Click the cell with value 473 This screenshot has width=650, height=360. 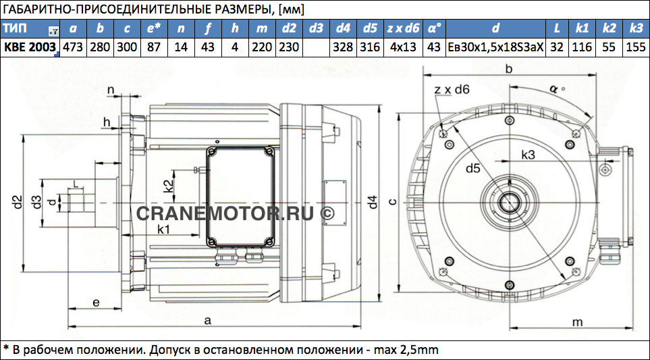click(x=74, y=47)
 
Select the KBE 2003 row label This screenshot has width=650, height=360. click(x=30, y=47)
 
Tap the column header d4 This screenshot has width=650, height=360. click(x=344, y=28)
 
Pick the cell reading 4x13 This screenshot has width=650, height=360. click(x=404, y=47)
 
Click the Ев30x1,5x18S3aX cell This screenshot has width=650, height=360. click(x=495, y=47)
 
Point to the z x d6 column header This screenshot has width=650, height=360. click(x=404, y=28)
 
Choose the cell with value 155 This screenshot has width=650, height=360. click(x=636, y=47)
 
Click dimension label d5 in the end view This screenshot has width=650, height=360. click(x=473, y=168)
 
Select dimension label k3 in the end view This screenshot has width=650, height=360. click(x=529, y=155)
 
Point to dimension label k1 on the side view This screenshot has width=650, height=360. click(x=164, y=229)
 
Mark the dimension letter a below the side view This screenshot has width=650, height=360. click(x=208, y=319)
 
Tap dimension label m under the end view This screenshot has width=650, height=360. click(x=578, y=322)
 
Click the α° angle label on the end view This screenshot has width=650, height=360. click(x=557, y=88)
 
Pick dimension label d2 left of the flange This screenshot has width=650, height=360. click(x=17, y=201)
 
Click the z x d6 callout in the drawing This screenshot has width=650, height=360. click(x=452, y=89)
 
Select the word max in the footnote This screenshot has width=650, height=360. click(x=386, y=349)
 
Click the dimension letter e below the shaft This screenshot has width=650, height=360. click(x=96, y=303)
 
